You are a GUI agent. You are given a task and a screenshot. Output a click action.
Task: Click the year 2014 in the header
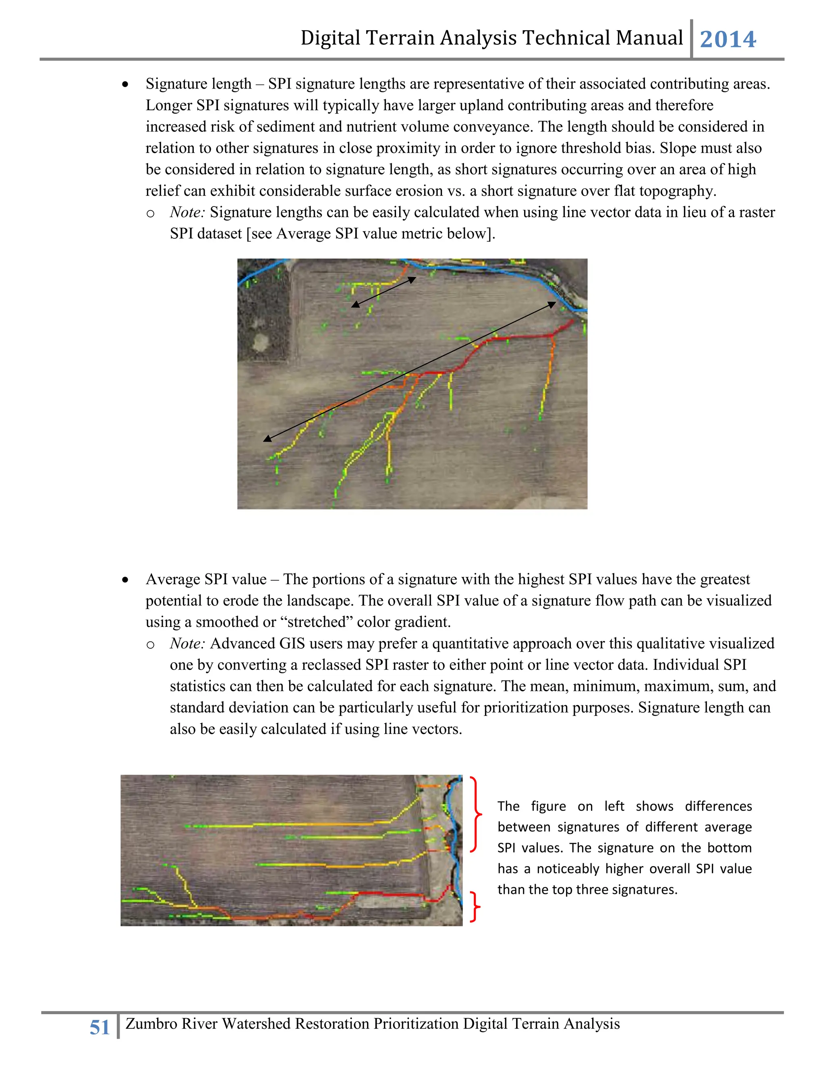pos(728,39)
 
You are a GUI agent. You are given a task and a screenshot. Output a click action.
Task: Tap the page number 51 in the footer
pos(100,1027)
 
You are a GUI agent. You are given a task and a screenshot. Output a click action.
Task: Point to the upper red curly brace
pos(476,815)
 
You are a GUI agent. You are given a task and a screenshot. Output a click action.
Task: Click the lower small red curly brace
pos(475,907)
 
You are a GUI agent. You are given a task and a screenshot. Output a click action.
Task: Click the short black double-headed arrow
pos(383,292)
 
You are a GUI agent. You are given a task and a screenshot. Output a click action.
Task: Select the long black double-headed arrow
pos(410,371)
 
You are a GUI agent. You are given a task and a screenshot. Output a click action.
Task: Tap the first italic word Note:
pos(187,212)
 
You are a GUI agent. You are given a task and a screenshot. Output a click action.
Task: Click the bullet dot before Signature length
pos(126,85)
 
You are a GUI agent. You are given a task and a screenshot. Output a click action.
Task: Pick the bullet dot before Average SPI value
pos(126,580)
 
